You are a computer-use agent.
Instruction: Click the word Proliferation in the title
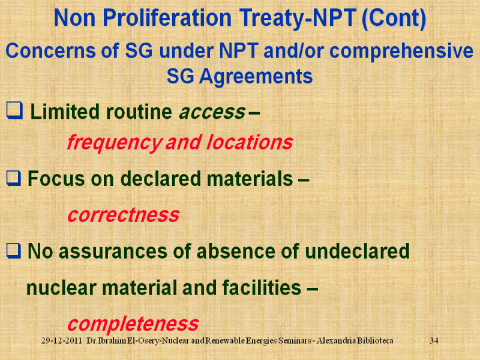tap(167, 18)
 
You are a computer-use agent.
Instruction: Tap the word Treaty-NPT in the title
tap(298, 19)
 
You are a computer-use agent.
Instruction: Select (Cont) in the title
tap(394, 19)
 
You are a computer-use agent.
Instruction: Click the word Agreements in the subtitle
tap(256, 77)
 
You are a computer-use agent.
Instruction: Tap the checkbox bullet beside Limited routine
tap(14, 110)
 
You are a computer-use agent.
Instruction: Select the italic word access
tap(212, 112)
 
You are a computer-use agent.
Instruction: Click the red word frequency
tap(114, 143)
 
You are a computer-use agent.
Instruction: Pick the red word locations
tap(250, 142)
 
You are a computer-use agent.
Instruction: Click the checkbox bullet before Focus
tap(14, 178)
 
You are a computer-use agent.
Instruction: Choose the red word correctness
tap(124, 215)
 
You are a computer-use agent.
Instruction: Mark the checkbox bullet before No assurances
tap(14, 251)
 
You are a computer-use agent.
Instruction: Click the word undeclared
tap(357, 251)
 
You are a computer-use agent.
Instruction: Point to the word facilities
tap(262, 288)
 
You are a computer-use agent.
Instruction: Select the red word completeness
tap(133, 324)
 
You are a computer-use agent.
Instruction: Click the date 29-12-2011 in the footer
tap(62, 341)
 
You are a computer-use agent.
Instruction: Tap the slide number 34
tap(434, 341)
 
